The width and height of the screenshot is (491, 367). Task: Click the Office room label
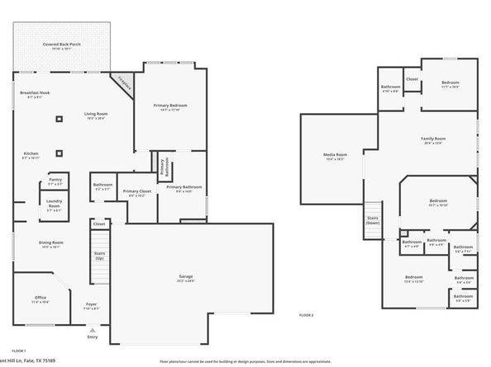(x=41, y=299)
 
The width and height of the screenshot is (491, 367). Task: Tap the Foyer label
(x=91, y=305)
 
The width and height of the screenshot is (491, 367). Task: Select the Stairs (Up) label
(x=99, y=256)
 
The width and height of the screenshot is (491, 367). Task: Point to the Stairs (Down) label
(x=373, y=220)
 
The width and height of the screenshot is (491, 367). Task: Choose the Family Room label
(x=433, y=139)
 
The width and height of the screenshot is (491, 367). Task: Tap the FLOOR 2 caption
(x=306, y=316)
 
